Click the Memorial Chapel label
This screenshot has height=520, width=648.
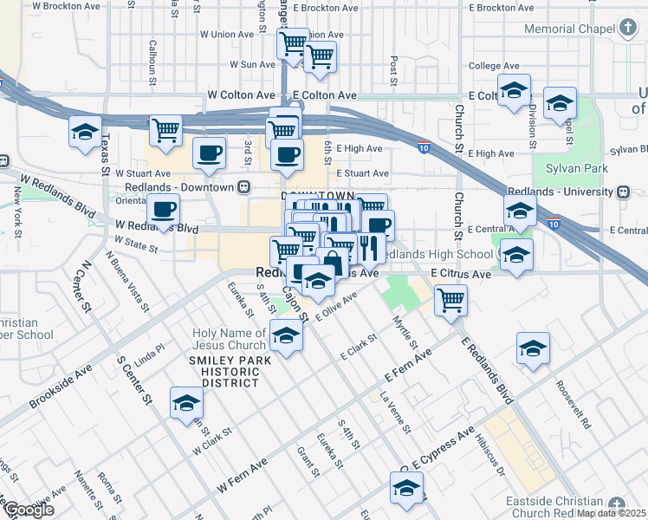(567, 29)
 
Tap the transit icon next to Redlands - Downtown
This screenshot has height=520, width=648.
(245, 187)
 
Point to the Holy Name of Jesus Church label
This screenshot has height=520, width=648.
(230, 339)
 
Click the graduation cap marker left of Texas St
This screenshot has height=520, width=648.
(85, 132)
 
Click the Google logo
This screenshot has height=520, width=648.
(28, 510)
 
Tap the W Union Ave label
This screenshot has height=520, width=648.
(227, 35)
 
